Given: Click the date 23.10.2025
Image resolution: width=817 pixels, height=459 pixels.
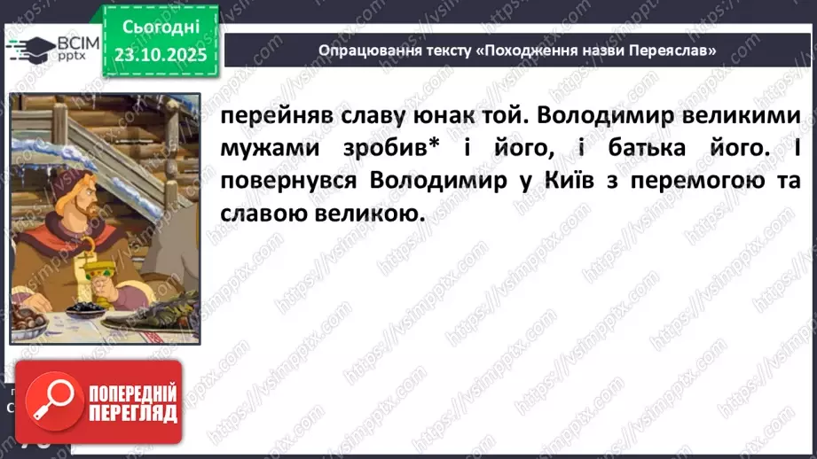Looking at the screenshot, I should coord(161,54).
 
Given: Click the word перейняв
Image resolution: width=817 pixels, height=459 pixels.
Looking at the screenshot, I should coord(264,118).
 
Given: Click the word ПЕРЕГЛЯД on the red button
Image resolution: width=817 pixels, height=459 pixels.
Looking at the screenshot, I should coord(134,414).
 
